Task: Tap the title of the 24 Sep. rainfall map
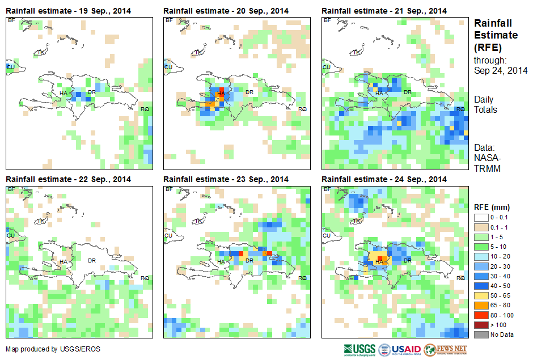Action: tap(384, 179)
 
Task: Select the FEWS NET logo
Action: tap(445, 349)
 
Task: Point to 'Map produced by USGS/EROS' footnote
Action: tap(53, 349)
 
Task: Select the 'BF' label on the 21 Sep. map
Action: tap(327, 20)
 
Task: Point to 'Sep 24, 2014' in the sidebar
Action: tap(501, 70)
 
